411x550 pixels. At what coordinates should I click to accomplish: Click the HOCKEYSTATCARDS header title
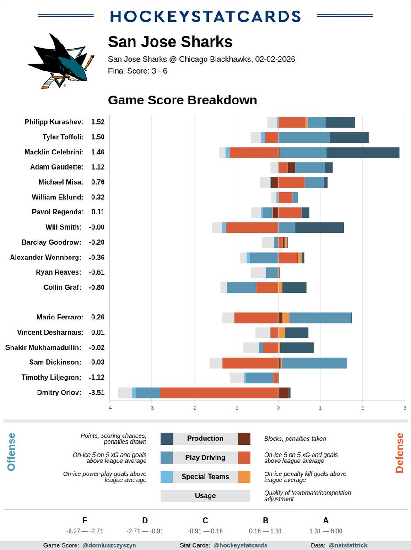tap(205, 16)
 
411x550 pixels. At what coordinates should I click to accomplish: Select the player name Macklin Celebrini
tap(54, 152)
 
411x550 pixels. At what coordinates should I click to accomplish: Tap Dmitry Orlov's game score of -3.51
tap(97, 392)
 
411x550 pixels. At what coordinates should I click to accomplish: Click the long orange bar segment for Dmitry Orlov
tap(219, 393)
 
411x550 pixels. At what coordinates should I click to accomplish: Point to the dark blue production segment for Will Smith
tap(319, 227)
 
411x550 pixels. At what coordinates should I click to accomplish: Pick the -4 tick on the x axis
tap(109, 407)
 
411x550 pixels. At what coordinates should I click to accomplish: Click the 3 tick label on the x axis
tap(405, 407)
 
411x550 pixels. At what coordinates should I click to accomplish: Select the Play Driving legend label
tap(205, 457)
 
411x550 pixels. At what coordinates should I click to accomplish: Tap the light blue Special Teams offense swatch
tap(166, 477)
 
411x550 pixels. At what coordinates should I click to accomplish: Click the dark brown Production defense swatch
tap(244, 439)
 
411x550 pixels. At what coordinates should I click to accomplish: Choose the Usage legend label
tap(205, 495)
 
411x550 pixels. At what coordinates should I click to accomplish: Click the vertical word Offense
tap(11, 451)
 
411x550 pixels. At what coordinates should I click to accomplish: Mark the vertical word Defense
tap(400, 452)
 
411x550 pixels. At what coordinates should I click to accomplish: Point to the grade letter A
tap(326, 520)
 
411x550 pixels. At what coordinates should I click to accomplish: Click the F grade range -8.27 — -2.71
tap(85, 531)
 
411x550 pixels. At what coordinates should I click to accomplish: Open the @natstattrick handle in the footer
tap(348, 545)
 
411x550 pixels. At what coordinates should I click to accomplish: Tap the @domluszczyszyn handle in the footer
tap(109, 545)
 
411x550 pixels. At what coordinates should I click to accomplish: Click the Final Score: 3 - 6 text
tap(137, 71)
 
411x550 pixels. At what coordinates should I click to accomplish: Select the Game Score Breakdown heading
tap(182, 100)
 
